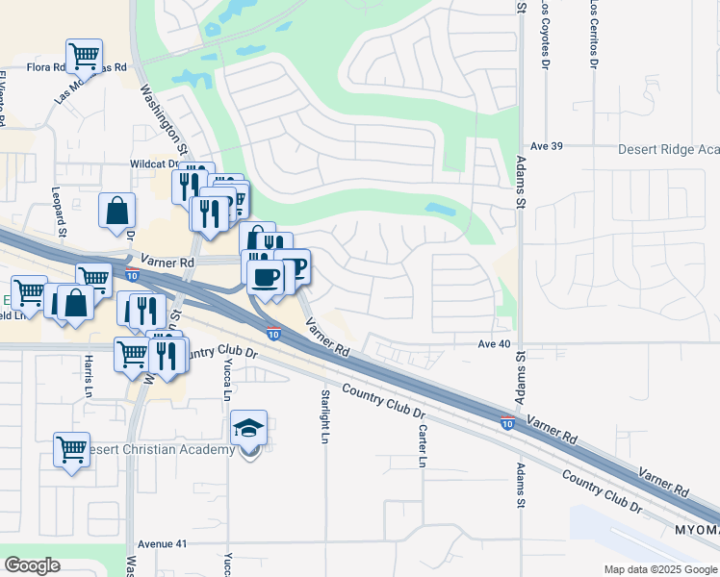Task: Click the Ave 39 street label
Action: (x=545, y=146)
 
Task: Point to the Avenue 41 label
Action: (x=161, y=543)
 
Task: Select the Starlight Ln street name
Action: (x=325, y=416)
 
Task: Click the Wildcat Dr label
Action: (x=157, y=164)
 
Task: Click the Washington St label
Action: (x=163, y=120)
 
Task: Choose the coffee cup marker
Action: (x=265, y=277)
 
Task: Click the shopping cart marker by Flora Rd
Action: (x=85, y=56)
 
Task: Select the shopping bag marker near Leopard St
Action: (x=116, y=211)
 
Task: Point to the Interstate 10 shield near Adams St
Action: (x=506, y=423)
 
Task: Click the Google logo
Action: (x=33, y=565)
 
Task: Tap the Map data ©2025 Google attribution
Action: (x=659, y=569)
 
